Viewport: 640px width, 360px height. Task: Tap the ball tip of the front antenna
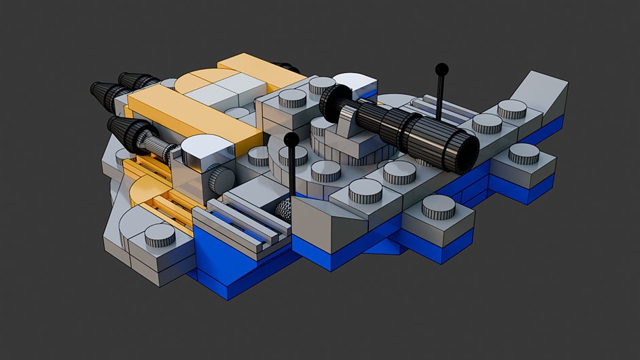coord(291,140)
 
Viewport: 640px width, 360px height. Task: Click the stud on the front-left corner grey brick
coord(160,234)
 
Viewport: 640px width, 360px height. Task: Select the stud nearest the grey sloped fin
coord(512,109)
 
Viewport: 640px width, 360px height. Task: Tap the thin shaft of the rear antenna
coord(440,95)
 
